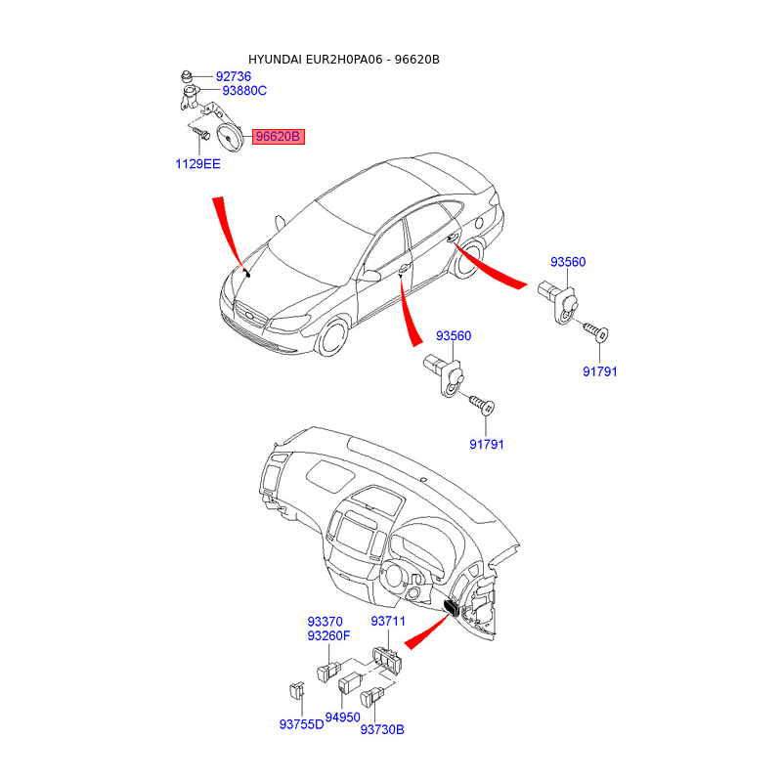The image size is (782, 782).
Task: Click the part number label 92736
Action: tap(233, 75)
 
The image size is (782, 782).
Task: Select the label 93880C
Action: tap(244, 91)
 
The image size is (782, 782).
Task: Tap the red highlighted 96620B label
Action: tap(279, 137)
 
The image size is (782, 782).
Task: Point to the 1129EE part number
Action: tap(197, 164)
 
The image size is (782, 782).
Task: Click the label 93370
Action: tap(325, 622)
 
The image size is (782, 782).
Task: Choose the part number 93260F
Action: tap(328, 637)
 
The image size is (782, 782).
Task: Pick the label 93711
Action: tap(387, 622)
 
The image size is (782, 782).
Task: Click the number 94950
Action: tap(343, 717)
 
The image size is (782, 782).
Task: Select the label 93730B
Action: tap(382, 729)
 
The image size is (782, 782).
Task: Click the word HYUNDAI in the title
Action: tap(276, 60)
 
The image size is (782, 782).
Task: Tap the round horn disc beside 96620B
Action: tap(231, 138)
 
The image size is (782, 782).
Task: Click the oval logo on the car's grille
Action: tap(251, 316)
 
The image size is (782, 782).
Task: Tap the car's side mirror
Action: tap(369, 277)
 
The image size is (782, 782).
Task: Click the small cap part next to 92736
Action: tap(186, 75)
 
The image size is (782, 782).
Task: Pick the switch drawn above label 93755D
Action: tap(295, 691)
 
